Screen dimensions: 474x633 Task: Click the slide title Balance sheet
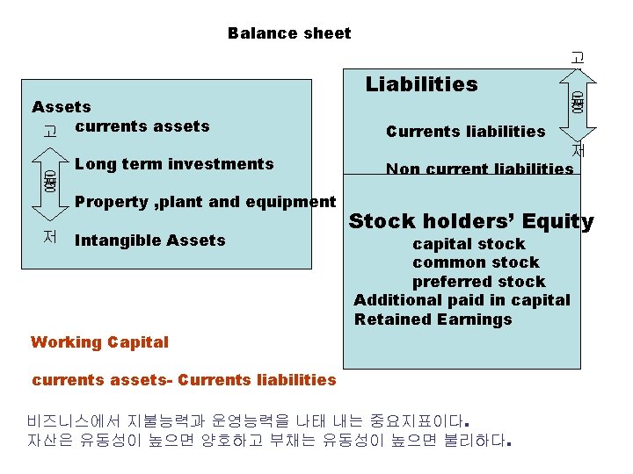(x=288, y=33)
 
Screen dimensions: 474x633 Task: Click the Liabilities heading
(x=421, y=84)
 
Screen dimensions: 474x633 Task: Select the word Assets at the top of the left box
(x=62, y=107)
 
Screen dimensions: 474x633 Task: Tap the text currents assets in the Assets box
(x=142, y=126)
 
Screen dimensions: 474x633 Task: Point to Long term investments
(x=174, y=164)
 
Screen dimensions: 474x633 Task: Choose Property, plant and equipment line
(x=206, y=202)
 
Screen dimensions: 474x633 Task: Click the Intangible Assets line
(x=150, y=241)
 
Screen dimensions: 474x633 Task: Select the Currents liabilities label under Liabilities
(x=465, y=132)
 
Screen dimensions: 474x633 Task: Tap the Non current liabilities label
(x=479, y=169)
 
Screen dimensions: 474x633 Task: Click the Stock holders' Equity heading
(x=470, y=222)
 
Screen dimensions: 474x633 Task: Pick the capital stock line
(x=469, y=244)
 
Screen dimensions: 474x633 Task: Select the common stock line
(x=476, y=262)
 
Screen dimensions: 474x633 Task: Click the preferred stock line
(x=478, y=282)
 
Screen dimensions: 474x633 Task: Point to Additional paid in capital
(x=462, y=300)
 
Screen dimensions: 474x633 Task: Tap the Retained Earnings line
(x=433, y=320)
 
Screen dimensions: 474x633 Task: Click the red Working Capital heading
(x=99, y=341)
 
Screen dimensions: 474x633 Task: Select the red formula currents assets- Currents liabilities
(x=184, y=380)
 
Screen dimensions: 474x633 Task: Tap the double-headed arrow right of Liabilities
(x=577, y=103)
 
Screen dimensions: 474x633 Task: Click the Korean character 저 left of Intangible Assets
(x=49, y=237)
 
